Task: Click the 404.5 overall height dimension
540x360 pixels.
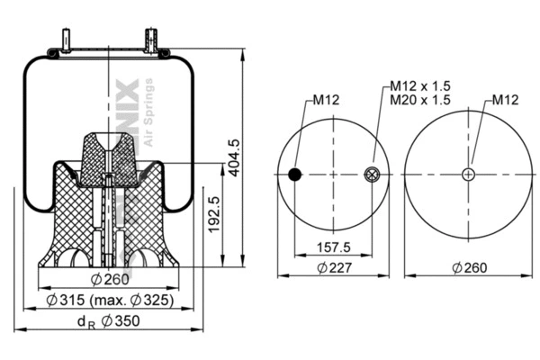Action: pos(234,157)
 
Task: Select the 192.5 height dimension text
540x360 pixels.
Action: pos(214,214)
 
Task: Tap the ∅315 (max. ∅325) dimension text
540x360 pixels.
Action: pos(109,300)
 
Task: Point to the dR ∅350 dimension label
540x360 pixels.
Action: pos(107,322)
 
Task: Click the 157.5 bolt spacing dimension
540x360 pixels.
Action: pos(334,247)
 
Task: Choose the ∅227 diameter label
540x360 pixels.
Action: pos(334,267)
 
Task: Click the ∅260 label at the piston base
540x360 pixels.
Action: pos(109,278)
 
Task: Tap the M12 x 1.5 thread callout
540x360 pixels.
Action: pos(419,85)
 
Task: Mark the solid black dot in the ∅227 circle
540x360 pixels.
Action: pos(294,175)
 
